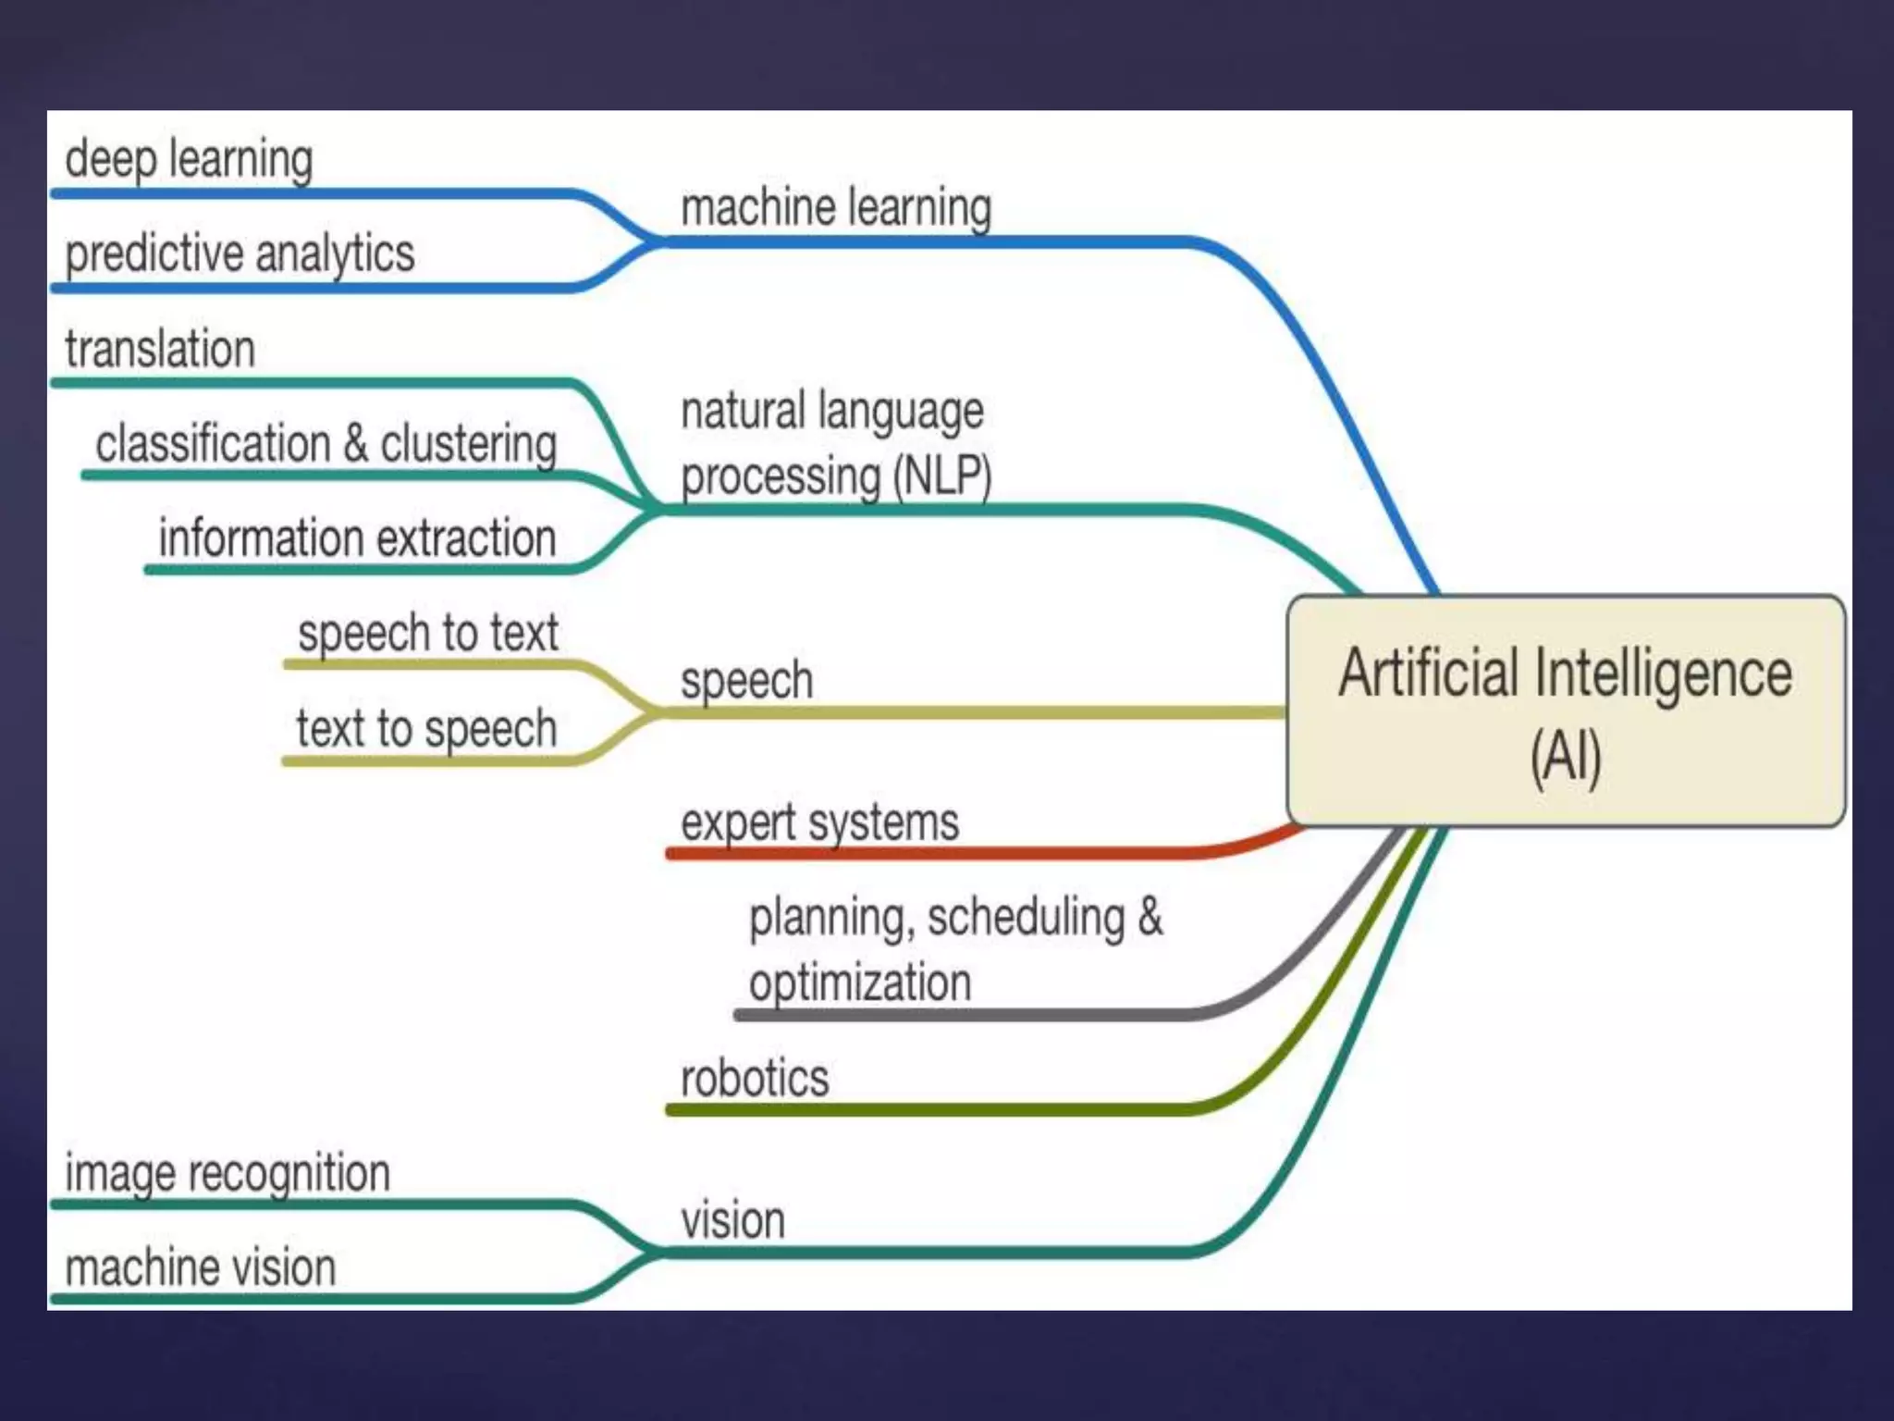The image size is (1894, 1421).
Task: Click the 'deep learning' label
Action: click(189, 159)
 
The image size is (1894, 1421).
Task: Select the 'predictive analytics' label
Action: click(240, 253)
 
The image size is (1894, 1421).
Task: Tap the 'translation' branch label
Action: click(160, 349)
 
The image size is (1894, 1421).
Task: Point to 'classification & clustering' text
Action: click(326, 443)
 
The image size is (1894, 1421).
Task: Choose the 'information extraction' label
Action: click(357, 538)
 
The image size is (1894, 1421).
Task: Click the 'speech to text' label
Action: click(427, 634)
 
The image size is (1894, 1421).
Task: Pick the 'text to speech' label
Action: click(426, 729)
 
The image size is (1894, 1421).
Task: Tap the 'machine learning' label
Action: click(836, 207)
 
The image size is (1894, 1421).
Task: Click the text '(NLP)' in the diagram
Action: click(941, 476)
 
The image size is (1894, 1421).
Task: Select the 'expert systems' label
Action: click(819, 822)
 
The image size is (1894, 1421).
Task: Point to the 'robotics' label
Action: click(755, 1079)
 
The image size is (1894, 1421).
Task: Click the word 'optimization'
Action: click(860, 982)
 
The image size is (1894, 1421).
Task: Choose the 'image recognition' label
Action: click(228, 1174)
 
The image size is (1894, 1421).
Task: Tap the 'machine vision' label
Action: click(200, 1268)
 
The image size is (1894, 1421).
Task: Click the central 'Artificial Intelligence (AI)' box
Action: click(1565, 710)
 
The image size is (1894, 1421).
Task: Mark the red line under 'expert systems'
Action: click(925, 852)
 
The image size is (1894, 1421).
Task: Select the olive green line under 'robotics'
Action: click(925, 1109)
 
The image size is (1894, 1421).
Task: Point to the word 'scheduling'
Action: click(1026, 918)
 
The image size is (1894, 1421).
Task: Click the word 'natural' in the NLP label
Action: click(744, 411)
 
